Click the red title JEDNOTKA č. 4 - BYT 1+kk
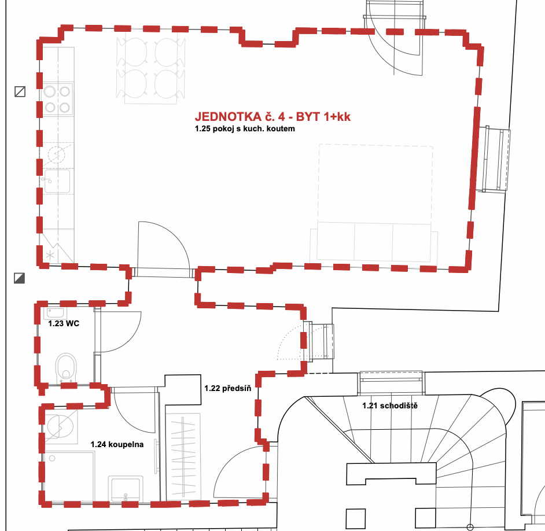[272, 117]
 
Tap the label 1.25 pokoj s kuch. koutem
[245, 128]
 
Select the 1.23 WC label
[64, 323]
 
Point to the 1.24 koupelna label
[117, 444]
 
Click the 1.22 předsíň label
[228, 388]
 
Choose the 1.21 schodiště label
[390, 405]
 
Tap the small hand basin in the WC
[56, 313]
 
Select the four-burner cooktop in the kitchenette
[57, 99]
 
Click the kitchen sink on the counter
[57, 180]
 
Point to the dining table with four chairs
[151, 68]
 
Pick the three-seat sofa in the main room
[374, 242]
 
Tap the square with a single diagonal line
[20, 92]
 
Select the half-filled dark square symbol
[20, 278]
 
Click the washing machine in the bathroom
[60, 426]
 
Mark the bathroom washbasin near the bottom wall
[126, 489]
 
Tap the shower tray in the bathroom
[69, 476]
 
